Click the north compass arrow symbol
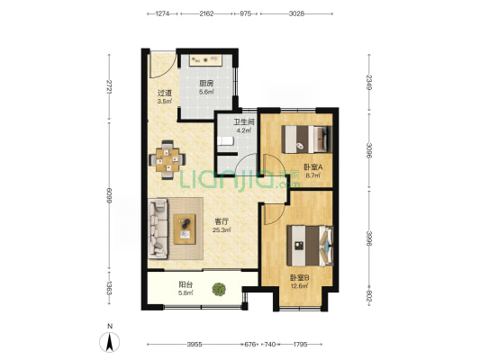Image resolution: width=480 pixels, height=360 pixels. [x=109, y=342]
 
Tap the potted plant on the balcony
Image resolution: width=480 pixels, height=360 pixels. [x=219, y=289]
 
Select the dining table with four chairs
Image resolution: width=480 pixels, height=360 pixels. [x=168, y=159]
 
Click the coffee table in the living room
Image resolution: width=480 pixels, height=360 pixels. [x=185, y=229]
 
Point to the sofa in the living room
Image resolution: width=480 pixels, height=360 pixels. [x=158, y=229]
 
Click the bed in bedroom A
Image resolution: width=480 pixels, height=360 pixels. [x=307, y=139]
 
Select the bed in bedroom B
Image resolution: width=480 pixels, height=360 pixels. [x=310, y=246]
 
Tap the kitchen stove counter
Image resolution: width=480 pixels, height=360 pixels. [x=205, y=60]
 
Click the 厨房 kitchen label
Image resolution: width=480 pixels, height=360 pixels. [x=206, y=84]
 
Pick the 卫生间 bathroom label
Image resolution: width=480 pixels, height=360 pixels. [x=244, y=122]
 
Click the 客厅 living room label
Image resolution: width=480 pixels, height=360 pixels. [x=222, y=221]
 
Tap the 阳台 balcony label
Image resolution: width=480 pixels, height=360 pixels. [x=186, y=284]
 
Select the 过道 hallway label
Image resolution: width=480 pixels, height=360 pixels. [x=165, y=93]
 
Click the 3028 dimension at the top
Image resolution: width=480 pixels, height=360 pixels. [x=296, y=13]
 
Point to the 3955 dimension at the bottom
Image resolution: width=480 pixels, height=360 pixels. [x=195, y=345]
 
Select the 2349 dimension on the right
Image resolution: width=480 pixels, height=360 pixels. [x=369, y=82]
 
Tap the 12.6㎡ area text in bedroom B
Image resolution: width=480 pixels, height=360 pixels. [x=299, y=286]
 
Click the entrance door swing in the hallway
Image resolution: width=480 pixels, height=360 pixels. [x=162, y=64]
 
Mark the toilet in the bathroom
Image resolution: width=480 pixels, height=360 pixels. [x=225, y=141]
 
